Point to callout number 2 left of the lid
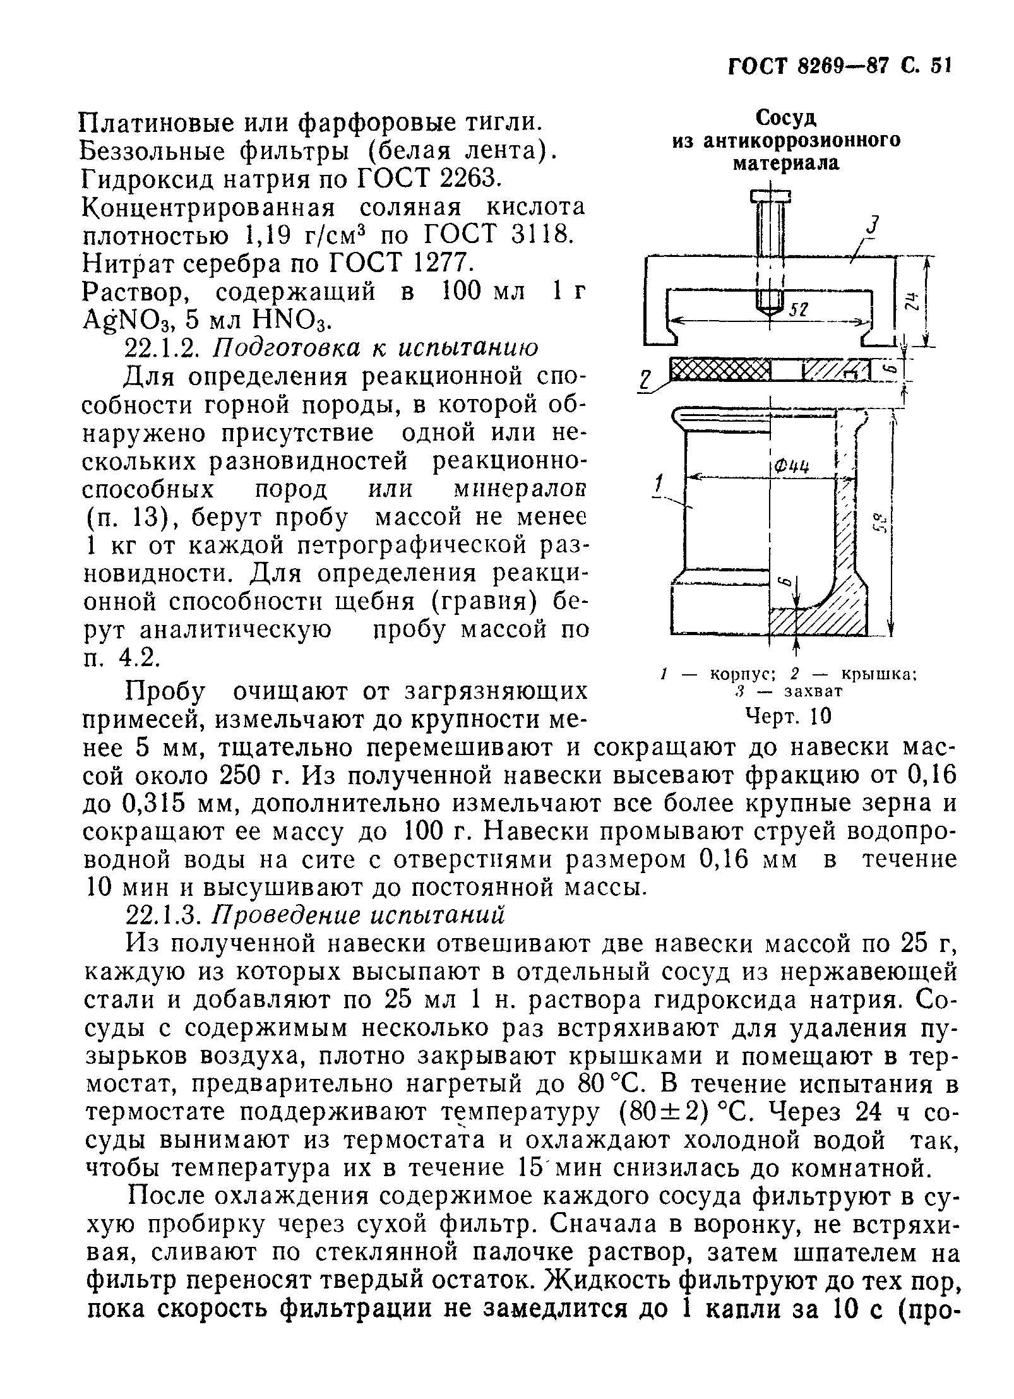coord(643,383)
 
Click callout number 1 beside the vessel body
coord(660,485)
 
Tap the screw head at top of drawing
coord(771,196)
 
